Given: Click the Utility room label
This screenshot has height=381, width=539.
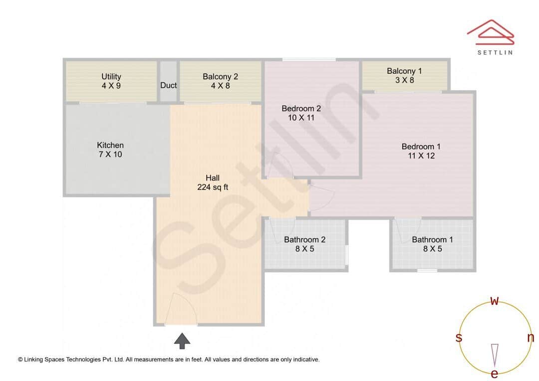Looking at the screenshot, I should tap(111, 77).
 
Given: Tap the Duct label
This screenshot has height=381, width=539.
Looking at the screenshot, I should tap(168, 85).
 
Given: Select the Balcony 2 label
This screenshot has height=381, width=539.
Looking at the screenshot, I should tap(220, 77).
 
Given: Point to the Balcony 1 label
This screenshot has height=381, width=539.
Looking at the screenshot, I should tap(404, 71).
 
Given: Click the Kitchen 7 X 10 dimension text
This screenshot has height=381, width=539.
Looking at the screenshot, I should tap(110, 155).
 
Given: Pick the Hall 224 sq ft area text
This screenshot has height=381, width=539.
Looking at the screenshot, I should tap(213, 188).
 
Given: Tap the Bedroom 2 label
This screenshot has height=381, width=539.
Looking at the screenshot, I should tap(301, 109).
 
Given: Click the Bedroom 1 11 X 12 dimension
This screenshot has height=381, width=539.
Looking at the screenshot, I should tap(421, 156).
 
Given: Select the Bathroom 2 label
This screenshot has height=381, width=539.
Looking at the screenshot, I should tap(304, 240).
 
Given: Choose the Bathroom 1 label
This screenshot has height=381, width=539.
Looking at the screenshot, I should tap(432, 240).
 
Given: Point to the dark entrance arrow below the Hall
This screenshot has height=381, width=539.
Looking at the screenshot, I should tap(182, 341).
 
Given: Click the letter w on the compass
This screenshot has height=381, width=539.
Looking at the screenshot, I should tap(495, 301).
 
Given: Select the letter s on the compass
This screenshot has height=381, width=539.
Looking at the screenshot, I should tap(458, 338).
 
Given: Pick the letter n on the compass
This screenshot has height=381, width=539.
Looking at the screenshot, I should tap(530, 338).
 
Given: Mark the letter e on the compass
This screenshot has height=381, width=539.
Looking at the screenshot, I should tap(495, 374).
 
